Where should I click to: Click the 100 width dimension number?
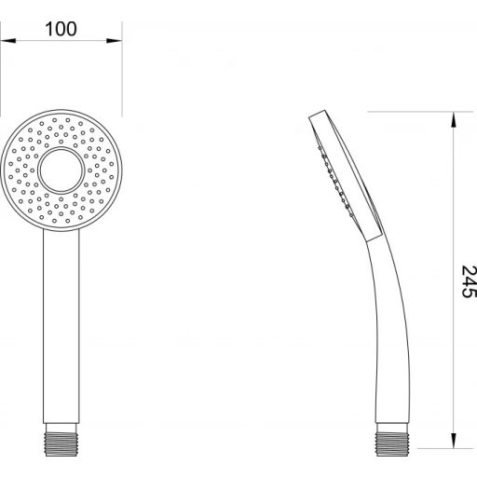coord(61,29)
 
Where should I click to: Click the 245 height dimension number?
coord(469,281)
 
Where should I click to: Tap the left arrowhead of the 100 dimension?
coord(8,41)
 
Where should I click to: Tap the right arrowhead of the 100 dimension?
coord(115,41)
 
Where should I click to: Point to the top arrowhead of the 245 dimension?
coord(454,119)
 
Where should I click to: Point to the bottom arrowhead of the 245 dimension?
coord(454,441)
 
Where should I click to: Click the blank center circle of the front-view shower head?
coord(61,170)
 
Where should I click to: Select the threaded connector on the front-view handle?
coord(61,440)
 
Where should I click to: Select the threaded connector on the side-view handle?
coord(392,440)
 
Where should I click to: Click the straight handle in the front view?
coord(61,326)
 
